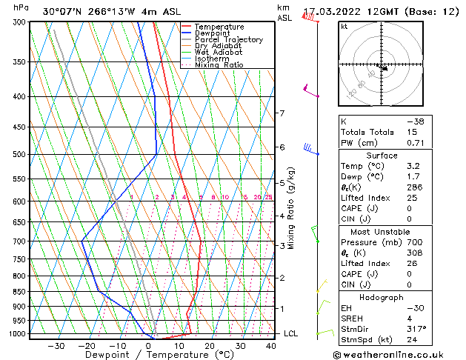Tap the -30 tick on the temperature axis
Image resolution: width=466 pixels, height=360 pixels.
56,345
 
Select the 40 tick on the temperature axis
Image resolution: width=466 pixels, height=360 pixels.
270,345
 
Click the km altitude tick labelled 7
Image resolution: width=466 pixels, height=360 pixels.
282,113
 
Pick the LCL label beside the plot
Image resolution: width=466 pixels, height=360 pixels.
291,334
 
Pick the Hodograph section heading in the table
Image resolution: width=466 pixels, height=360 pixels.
382,296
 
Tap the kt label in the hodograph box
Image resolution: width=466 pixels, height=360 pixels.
344,27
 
